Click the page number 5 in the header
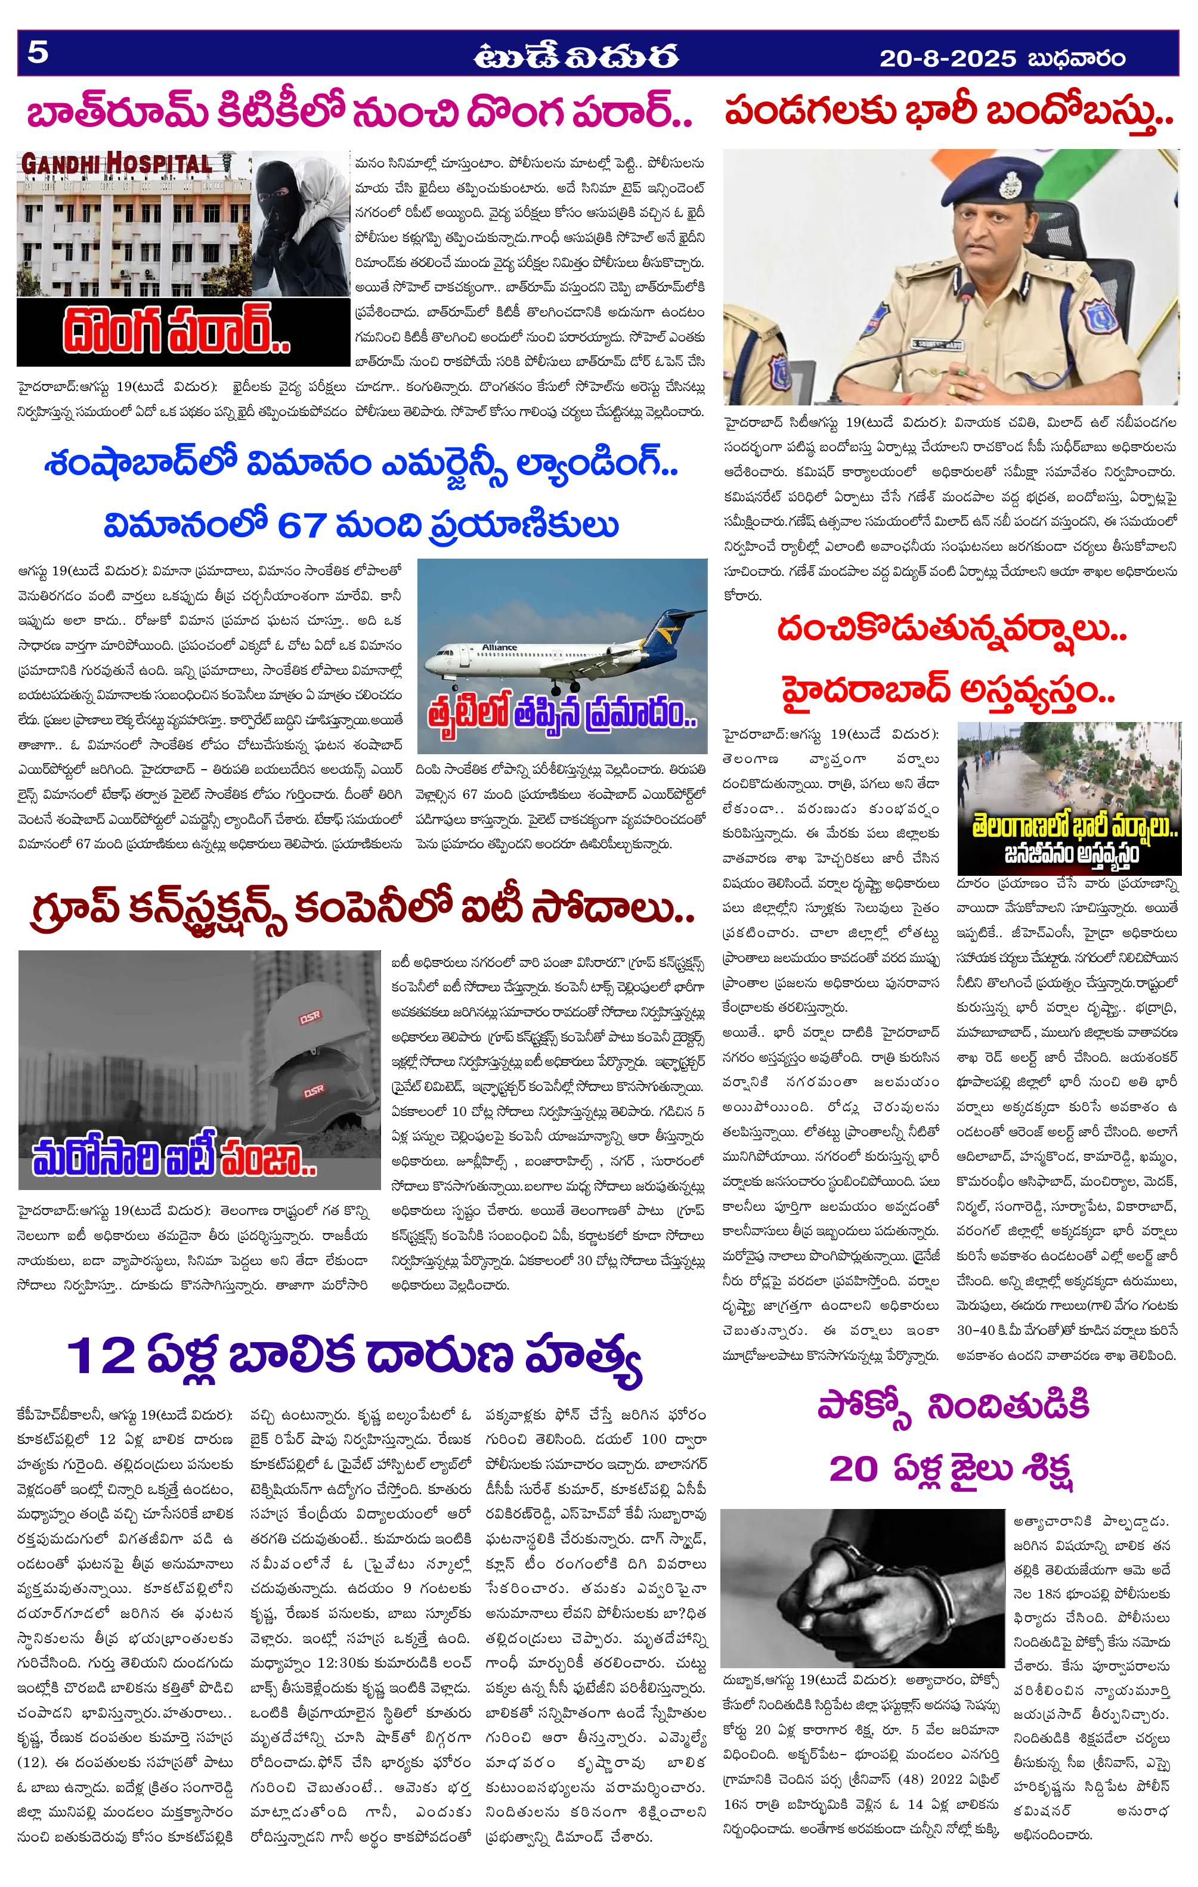(38, 53)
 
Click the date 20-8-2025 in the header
(947, 59)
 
